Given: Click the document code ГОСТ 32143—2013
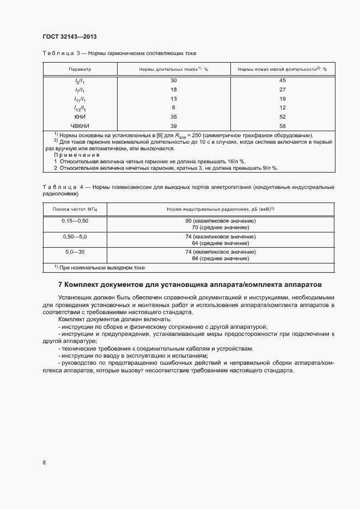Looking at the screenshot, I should tap(70, 36).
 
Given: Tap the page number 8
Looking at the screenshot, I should tap(44, 463).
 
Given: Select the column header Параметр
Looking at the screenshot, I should tap(80, 70).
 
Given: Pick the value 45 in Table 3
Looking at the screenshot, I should tap(282, 81).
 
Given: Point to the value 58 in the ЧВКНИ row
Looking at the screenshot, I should tap(282, 126).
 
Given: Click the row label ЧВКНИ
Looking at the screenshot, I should tap(80, 126).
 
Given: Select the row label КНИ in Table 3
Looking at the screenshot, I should tap(80, 117).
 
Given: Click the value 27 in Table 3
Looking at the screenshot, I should tap(282, 89).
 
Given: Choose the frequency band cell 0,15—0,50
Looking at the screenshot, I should tap(75, 221).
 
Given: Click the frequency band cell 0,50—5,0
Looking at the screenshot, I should tap(75, 237).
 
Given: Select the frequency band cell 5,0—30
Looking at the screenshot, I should tap(75, 253).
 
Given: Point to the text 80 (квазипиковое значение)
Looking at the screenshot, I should tap(220, 221).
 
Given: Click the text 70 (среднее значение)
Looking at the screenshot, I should tap(220, 227).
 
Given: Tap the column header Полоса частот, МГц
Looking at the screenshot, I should tap(75, 209).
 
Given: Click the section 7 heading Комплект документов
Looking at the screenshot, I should tap(190, 285).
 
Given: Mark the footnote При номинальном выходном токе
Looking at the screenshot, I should tap(99, 268).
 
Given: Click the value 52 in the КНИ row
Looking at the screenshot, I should tap(282, 117).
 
